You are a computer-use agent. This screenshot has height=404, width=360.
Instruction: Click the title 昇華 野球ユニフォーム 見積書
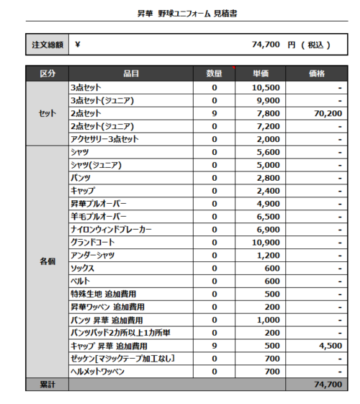pos(180,14)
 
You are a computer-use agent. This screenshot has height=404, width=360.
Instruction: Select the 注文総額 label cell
pos(48,45)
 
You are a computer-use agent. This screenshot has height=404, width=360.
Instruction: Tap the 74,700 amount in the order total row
pos(266,45)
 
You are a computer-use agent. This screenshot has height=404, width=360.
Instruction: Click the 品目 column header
pos(130,73)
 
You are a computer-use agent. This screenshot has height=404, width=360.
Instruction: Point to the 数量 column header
pos(214,73)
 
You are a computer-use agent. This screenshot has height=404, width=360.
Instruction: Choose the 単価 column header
pos(260,73)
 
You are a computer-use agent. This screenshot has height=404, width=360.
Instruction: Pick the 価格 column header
pos(315,73)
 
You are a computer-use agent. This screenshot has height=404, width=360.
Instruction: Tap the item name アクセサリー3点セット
pos(104,139)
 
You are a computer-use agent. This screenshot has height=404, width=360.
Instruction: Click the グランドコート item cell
pos(94,243)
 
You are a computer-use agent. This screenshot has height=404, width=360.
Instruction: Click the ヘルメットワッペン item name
pos(98,372)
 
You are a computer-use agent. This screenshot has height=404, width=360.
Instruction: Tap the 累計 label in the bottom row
pos(48,385)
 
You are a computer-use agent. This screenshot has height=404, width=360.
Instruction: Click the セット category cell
pos(48,113)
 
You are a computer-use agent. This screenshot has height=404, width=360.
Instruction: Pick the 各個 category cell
pos(48,261)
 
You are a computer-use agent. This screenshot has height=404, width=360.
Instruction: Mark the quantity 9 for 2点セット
pos(214,113)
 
